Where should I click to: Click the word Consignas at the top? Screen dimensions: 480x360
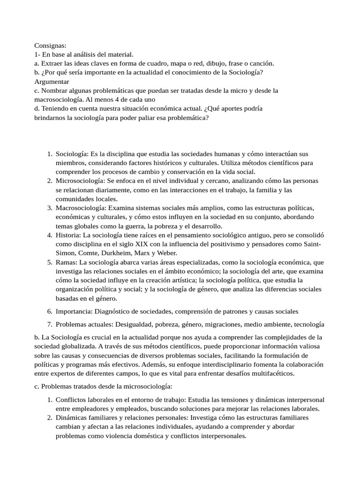[50, 45]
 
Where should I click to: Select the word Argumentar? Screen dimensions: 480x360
[52, 81]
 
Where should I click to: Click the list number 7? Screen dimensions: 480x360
[50, 324]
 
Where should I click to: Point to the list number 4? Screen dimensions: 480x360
[50, 235]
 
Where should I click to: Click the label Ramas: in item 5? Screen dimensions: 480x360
[67, 262]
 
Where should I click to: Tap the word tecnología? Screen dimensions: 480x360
[307, 324]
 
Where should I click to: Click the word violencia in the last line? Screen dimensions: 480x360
[120, 435]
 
